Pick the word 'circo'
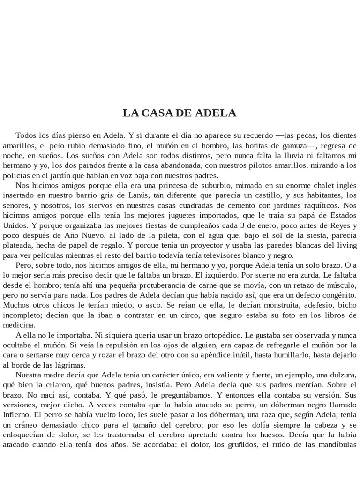[x=180, y=315]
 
